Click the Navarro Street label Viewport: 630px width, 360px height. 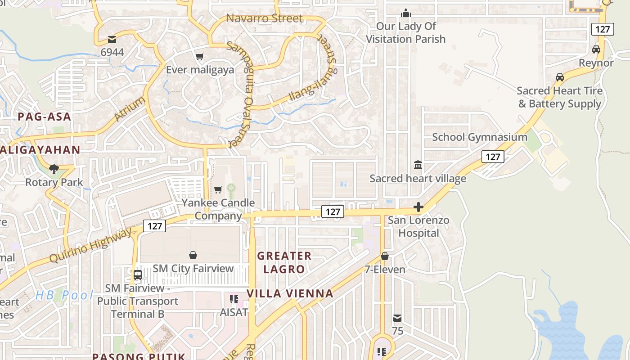(264, 18)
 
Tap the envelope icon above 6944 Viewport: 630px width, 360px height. (112, 40)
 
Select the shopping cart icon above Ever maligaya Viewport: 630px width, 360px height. (199, 56)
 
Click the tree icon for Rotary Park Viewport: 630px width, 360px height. (54, 169)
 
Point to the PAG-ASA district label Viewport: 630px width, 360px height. (45, 117)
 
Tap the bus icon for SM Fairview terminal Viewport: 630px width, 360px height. (138, 274)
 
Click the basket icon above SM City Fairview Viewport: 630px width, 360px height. (193, 255)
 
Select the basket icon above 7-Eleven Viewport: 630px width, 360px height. (385, 256)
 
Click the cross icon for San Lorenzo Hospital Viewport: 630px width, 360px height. (418, 207)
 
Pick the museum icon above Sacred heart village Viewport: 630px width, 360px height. (418, 165)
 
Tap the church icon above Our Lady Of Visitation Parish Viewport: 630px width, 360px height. (406, 13)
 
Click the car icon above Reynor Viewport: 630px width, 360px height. (596, 49)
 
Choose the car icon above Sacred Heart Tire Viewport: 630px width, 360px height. (560, 77)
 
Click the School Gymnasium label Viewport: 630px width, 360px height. (480, 137)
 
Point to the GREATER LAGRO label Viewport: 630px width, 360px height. (284, 262)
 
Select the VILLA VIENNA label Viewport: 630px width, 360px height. (290, 294)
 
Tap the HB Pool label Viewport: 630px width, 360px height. (64, 295)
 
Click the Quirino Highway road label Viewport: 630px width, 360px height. (90, 245)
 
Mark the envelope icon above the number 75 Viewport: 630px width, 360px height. (397, 318)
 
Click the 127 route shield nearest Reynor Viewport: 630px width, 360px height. (602, 30)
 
